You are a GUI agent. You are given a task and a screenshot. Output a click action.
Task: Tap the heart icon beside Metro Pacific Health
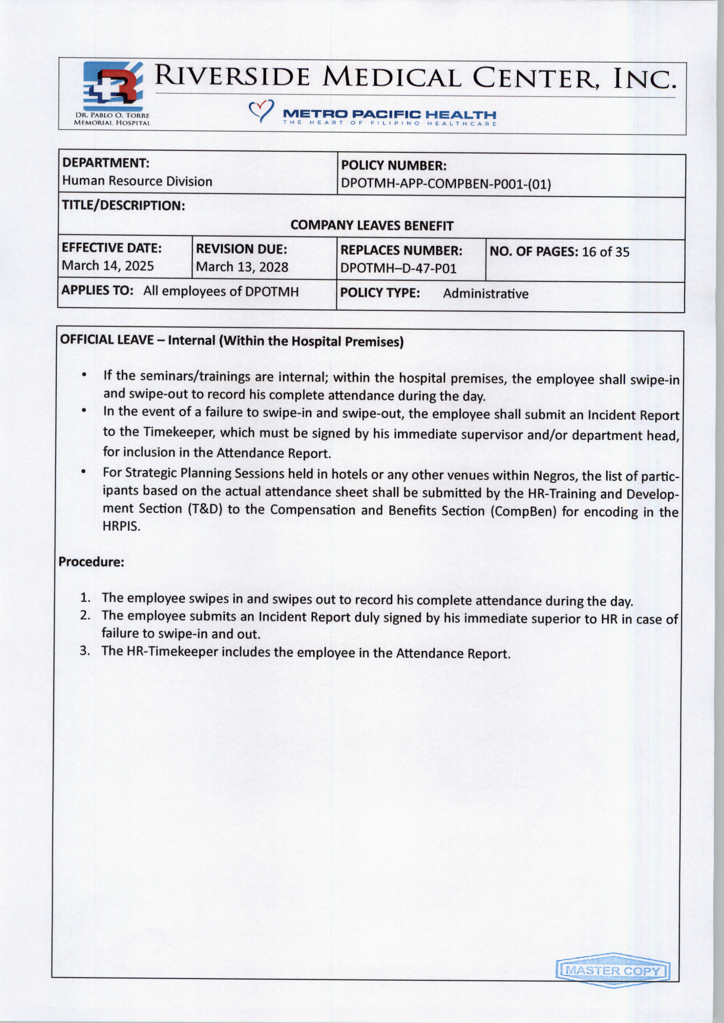[x=260, y=111]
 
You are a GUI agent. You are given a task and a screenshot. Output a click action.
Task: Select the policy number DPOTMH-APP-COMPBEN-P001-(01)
[x=446, y=184]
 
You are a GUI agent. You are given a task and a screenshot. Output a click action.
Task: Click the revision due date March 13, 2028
[x=242, y=267]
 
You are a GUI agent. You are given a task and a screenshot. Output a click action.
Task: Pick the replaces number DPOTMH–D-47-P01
[x=398, y=269]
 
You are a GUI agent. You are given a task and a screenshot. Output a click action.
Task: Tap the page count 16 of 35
[x=605, y=252]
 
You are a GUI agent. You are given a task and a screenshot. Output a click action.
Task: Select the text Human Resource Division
[x=137, y=181]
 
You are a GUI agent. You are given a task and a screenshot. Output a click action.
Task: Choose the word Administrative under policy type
[x=485, y=294]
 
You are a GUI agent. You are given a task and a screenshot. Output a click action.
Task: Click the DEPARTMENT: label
[x=105, y=163]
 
